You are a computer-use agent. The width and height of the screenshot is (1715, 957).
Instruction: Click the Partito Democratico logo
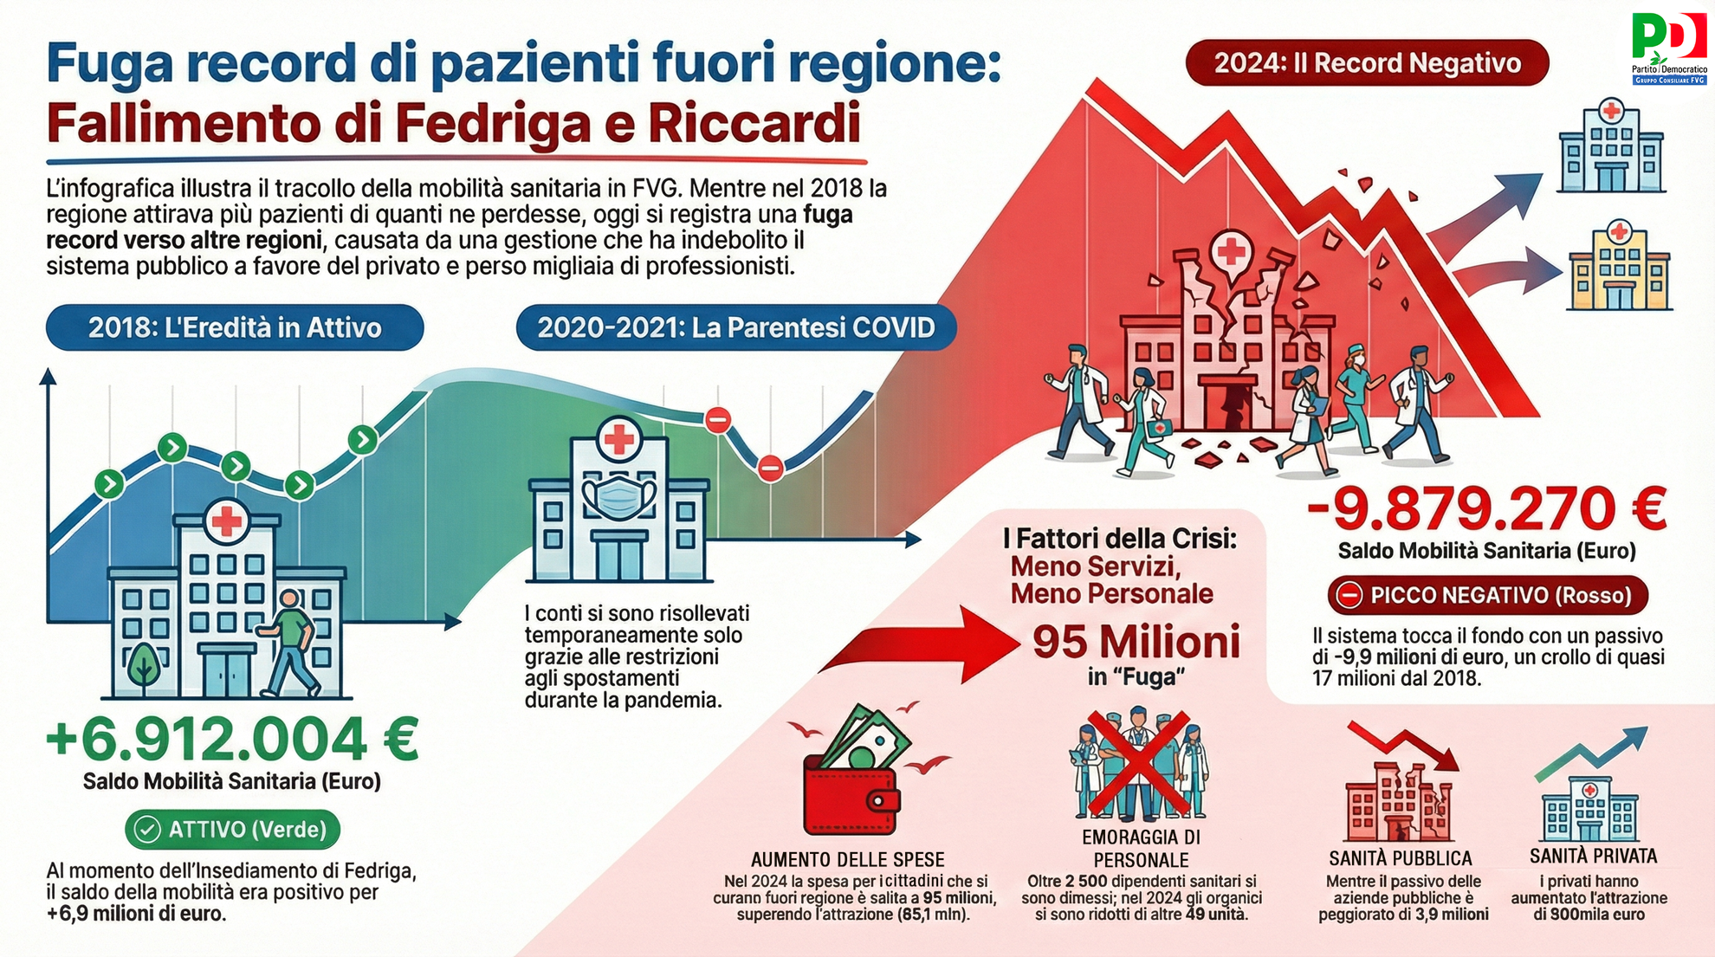(x=1668, y=48)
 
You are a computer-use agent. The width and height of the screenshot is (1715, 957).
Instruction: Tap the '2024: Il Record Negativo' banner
(x=1367, y=63)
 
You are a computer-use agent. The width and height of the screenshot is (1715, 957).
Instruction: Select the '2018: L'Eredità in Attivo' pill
(x=235, y=327)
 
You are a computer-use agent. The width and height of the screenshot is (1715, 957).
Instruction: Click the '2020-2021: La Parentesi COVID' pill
(x=736, y=327)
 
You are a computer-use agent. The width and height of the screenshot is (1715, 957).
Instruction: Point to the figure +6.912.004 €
(x=232, y=738)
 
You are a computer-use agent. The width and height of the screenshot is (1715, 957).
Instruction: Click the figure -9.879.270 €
(x=1486, y=508)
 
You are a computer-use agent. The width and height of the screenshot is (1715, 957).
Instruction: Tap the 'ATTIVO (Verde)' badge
(x=232, y=830)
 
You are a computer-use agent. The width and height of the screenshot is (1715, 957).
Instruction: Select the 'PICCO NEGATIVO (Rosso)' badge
(x=1487, y=596)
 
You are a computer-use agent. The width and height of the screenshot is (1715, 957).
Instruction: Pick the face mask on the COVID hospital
(x=618, y=496)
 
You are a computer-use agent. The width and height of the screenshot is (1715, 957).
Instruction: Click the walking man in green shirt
(x=288, y=643)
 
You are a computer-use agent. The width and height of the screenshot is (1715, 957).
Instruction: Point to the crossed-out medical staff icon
(x=1138, y=764)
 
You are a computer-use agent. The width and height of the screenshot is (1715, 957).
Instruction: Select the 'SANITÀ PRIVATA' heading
(x=1593, y=857)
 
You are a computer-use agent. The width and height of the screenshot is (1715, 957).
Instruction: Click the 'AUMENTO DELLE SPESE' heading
(x=847, y=860)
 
